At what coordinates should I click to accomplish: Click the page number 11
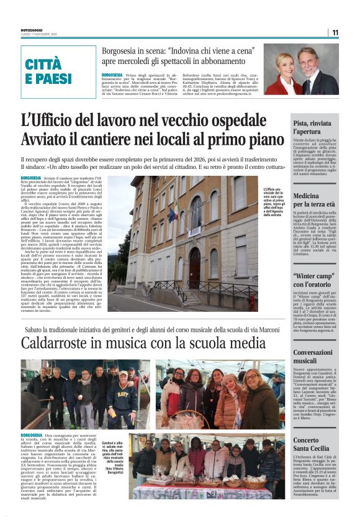coord(335,32)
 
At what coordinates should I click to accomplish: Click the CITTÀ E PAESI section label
coord(49,70)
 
